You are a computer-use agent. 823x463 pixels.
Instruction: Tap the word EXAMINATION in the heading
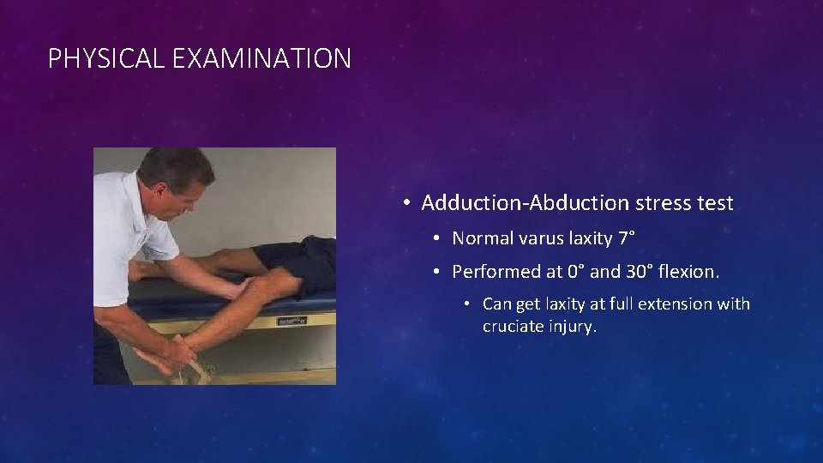(261, 58)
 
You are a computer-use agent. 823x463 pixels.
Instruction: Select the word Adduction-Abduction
(526, 203)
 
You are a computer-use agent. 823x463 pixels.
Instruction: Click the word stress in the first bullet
(664, 203)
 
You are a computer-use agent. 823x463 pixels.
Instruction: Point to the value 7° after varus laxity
(628, 238)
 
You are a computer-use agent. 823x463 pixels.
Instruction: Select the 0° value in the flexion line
(578, 272)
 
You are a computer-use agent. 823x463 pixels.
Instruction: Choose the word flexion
(691, 272)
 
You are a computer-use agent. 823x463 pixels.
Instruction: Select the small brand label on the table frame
(289, 322)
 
